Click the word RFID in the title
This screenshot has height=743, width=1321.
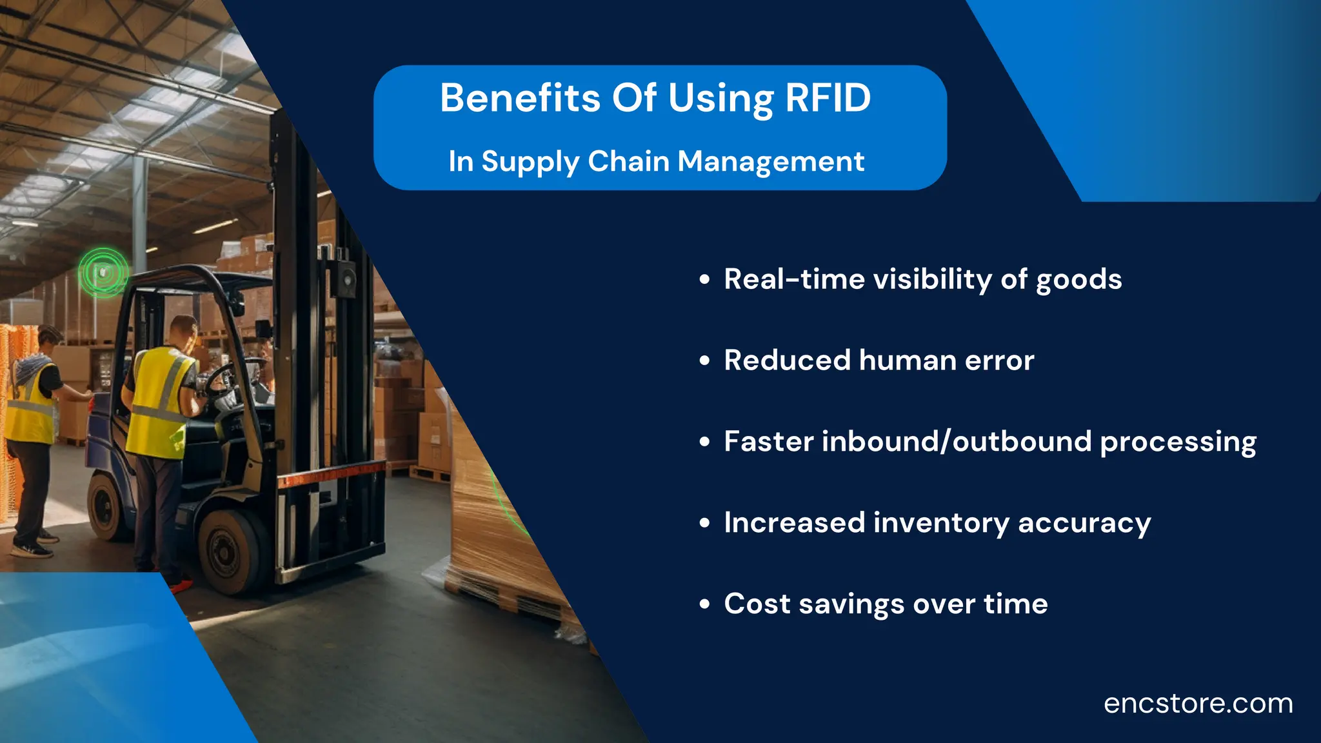coord(828,99)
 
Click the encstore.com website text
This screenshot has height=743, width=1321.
coord(1198,704)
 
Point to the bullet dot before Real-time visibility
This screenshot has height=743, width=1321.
coord(704,280)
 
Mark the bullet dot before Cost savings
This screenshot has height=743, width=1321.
coord(704,605)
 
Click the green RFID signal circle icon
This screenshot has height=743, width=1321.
coord(103,273)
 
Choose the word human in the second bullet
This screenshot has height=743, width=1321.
coord(908,361)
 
